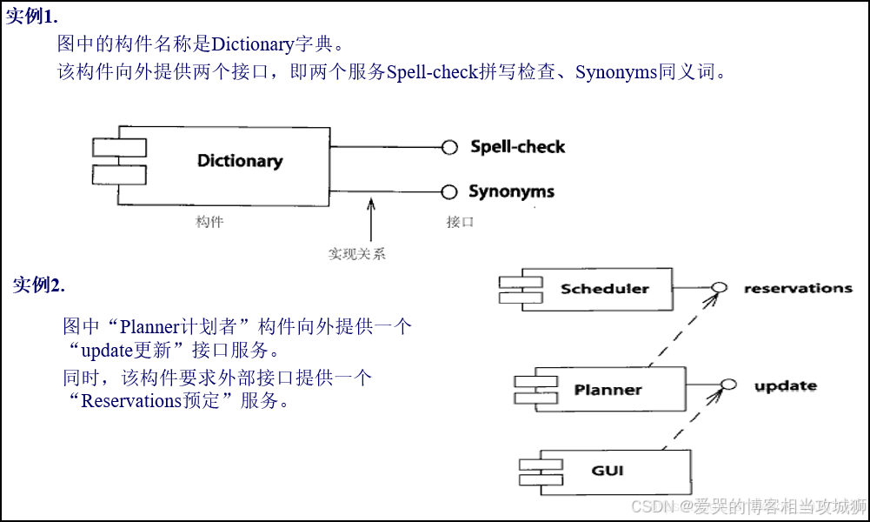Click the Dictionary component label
(240, 161)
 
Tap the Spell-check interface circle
(449, 147)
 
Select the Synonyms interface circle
(449, 192)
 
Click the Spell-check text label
(518, 146)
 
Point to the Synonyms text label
(511, 191)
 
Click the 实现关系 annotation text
(356, 254)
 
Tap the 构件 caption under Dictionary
(209, 222)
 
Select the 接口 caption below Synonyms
(460, 222)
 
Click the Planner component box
(608, 389)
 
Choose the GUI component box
(608, 472)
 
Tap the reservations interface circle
(719, 288)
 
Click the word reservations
(798, 288)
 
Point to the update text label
(785, 385)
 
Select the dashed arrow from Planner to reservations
(682, 331)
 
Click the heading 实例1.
(33, 17)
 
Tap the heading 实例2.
(38, 284)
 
